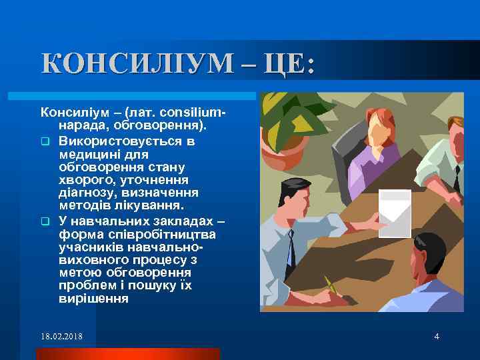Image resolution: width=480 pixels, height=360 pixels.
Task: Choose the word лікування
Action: (x=141, y=205)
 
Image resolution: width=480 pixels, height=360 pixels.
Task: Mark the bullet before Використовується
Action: (x=45, y=141)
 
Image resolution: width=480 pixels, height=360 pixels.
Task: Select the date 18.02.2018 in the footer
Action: (x=61, y=336)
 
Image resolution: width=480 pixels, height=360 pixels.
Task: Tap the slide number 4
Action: (x=436, y=336)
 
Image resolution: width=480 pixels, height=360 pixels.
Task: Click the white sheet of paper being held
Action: (x=395, y=213)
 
